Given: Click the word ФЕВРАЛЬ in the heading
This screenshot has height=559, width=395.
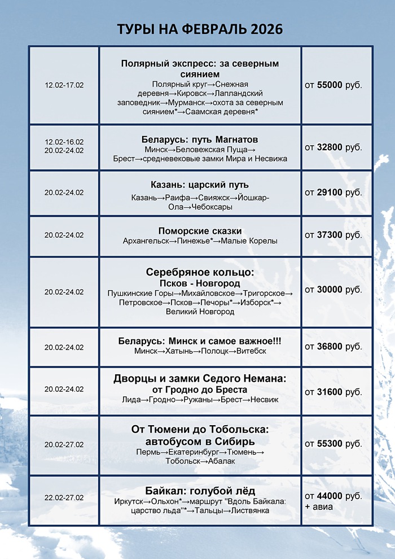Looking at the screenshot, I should [x=205, y=29].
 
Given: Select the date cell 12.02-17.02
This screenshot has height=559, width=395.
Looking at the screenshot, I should [x=64, y=85].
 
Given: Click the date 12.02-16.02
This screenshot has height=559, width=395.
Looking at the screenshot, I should [x=64, y=142].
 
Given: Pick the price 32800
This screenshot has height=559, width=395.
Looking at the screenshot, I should [x=330, y=147].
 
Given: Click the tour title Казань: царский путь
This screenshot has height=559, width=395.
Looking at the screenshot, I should [x=200, y=185].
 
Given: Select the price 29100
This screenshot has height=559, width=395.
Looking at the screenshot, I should [x=330, y=193].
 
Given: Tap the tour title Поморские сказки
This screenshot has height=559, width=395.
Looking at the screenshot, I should [x=200, y=230].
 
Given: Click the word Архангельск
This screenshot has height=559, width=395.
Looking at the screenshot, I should [x=146, y=241].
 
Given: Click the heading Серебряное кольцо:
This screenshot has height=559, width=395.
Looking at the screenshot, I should [x=200, y=272].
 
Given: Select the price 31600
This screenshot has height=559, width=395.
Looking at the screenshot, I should [x=330, y=392].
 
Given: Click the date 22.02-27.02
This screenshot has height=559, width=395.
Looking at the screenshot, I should [x=64, y=497].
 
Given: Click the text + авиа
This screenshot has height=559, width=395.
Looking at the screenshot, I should [x=319, y=506].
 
